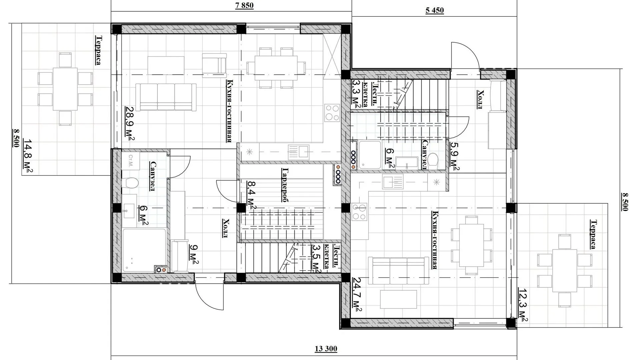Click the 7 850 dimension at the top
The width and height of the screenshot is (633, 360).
click(244, 6)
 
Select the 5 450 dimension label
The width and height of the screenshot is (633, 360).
click(435, 10)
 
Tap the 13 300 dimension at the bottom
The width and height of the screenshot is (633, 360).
click(326, 349)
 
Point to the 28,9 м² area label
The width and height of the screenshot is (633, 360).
click(130, 123)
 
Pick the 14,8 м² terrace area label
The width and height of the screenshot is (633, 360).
click(28, 157)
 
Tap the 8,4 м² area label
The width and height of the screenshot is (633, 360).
click(251, 195)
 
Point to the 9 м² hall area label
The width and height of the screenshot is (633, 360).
click(194, 254)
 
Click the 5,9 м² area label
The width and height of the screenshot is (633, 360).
click(454, 156)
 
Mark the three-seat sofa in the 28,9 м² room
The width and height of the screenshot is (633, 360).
click(166, 97)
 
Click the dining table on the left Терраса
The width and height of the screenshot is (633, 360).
click(65, 89)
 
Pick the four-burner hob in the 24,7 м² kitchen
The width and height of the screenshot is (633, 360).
click(359, 212)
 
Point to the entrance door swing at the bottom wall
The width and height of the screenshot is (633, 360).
click(209, 294)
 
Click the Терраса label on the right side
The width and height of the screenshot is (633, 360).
click(593, 234)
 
